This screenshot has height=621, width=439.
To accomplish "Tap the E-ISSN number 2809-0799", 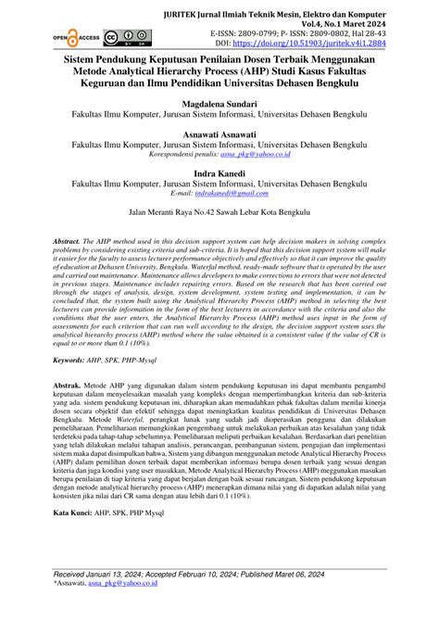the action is pos(279,31).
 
